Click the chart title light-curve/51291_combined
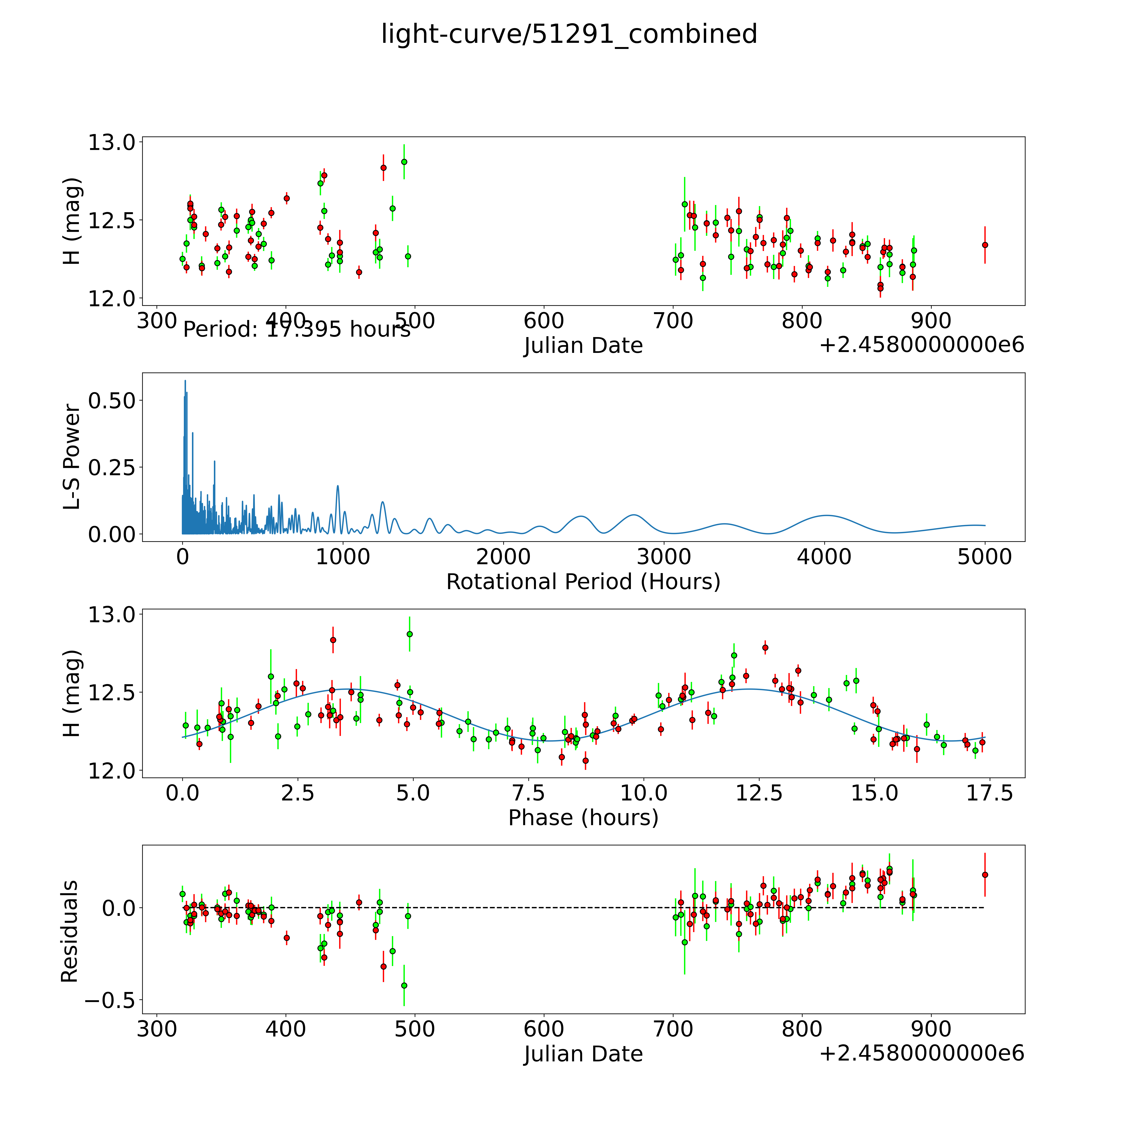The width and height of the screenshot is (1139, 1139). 569,34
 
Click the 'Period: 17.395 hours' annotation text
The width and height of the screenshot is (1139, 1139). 297,329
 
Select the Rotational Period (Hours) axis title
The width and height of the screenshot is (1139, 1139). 583,582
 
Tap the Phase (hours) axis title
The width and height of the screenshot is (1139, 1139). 583,818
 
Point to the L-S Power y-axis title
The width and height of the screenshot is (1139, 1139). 71,457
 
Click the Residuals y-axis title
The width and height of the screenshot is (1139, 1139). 70,931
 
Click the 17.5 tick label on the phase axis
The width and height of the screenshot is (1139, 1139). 989,794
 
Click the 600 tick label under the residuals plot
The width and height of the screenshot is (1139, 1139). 544,1029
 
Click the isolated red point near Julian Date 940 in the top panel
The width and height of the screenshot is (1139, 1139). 985,245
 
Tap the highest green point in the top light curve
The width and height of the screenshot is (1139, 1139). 404,162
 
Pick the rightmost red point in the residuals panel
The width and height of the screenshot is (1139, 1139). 985,875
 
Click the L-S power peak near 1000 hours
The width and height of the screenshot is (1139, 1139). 338,486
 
